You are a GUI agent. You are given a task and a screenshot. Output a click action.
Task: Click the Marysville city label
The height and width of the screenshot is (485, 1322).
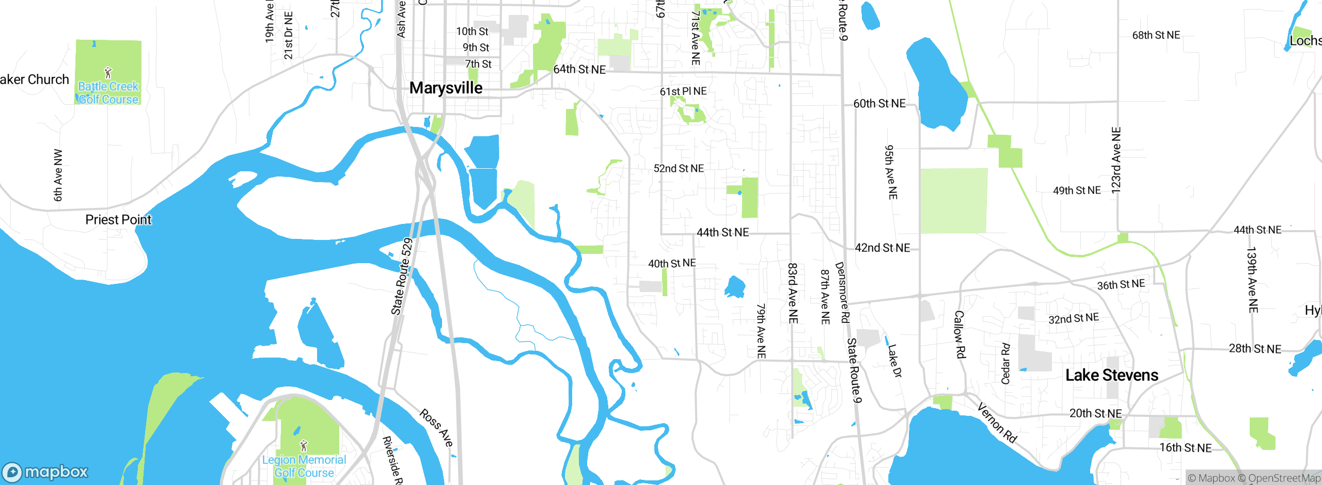point(446,88)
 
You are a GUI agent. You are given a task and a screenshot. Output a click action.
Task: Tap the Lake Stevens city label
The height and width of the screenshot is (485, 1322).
point(1111,375)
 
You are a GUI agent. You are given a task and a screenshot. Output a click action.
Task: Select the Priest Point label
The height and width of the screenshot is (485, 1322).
point(118,220)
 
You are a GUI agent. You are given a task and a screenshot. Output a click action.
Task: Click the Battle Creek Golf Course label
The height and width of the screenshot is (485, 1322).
point(108,93)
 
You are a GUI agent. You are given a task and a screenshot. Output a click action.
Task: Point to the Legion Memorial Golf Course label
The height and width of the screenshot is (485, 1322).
point(304,466)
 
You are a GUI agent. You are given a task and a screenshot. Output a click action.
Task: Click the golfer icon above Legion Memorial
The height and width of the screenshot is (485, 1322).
point(304,445)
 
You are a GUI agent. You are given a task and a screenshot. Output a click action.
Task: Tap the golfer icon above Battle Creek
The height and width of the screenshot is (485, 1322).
point(108,72)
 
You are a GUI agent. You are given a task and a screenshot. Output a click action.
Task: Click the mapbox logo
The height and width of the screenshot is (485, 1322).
point(45,472)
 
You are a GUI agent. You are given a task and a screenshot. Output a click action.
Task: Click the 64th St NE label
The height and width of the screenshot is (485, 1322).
point(579,69)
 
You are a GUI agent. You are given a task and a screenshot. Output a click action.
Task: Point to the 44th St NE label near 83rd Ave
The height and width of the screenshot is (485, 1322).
point(722,233)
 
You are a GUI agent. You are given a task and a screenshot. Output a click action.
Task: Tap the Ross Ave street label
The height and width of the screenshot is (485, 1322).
point(436,428)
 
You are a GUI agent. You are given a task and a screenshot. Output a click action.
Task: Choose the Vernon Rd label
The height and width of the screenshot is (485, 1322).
point(997,423)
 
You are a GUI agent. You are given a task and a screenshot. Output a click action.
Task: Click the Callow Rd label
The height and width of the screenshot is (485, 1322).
point(959,334)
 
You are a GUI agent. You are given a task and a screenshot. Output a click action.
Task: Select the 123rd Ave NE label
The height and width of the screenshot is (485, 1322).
point(1116,160)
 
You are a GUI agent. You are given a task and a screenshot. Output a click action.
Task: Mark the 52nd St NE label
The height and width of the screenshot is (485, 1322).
point(679,169)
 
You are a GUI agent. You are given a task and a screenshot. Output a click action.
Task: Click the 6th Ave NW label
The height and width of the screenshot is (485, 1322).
point(58,175)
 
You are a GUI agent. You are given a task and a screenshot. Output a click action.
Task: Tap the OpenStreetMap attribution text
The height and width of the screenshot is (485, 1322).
point(1283,478)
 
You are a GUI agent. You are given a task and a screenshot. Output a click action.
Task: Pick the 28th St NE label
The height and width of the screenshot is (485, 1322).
point(1255,349)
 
